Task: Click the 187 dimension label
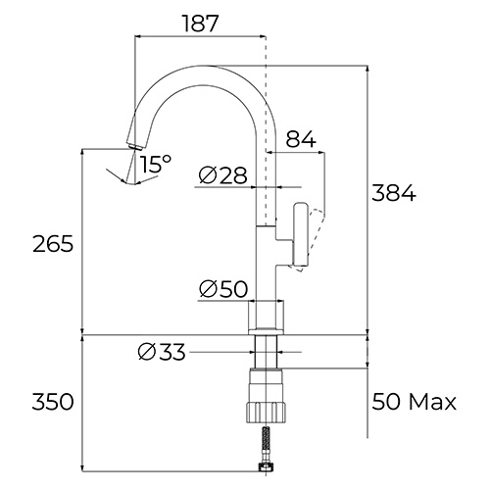[x=200, y=24]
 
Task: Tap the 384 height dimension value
[x=394, y=193]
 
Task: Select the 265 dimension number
[x=53, y=244]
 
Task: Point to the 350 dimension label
[x=53, y=402]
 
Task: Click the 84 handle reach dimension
[x=301, y=139]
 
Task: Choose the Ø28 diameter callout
[x=222, y=175]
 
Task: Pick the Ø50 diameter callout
[x=223, y=289]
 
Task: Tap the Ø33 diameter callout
[x=162, y=352]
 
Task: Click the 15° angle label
[x=156, y=164]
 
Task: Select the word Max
[x=432, y=402]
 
